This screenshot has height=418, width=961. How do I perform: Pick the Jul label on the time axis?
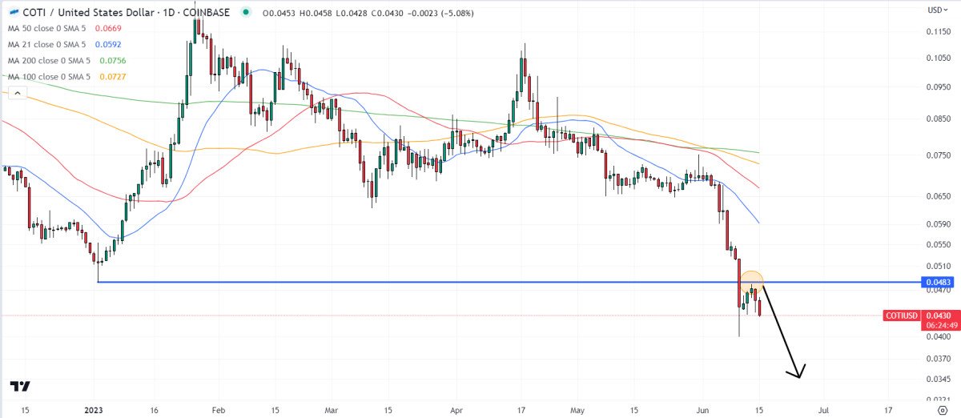(x=822, y=408)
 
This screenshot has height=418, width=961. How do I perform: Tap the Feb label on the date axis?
(x=217, y=408)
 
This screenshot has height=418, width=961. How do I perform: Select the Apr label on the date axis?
(x=456, y=408)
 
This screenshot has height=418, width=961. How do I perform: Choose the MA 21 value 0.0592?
(x=109, y=44)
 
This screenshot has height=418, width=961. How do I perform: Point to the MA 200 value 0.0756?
(x=113, y=60)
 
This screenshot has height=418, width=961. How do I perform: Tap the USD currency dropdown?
(x=937, y=10)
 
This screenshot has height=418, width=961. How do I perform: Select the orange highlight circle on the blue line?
(x=751, y=282)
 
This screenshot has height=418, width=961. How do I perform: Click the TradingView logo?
(x=21, y=386)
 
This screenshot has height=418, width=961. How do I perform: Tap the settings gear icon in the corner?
(x=943, y=409)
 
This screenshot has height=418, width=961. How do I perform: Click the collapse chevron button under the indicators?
(x=18, y=93)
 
